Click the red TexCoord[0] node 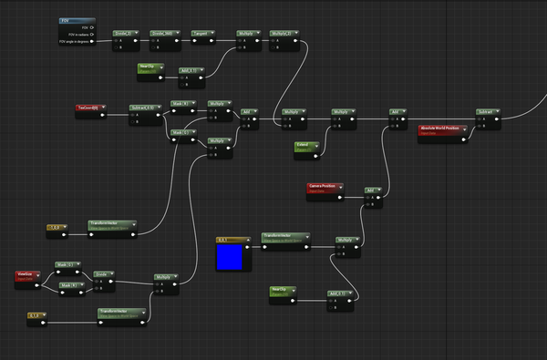click(89, 108)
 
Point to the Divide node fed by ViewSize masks click(105, 273)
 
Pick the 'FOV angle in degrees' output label click(77, 42)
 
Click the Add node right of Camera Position click(372, 190)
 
